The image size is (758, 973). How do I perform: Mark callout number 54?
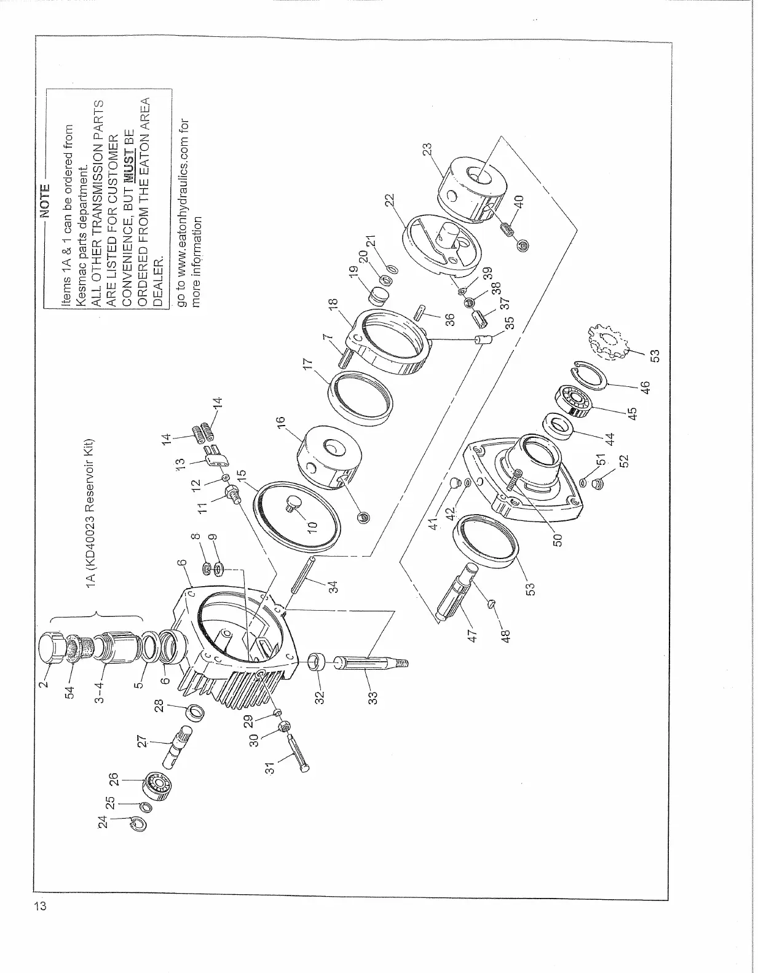(70, 691)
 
